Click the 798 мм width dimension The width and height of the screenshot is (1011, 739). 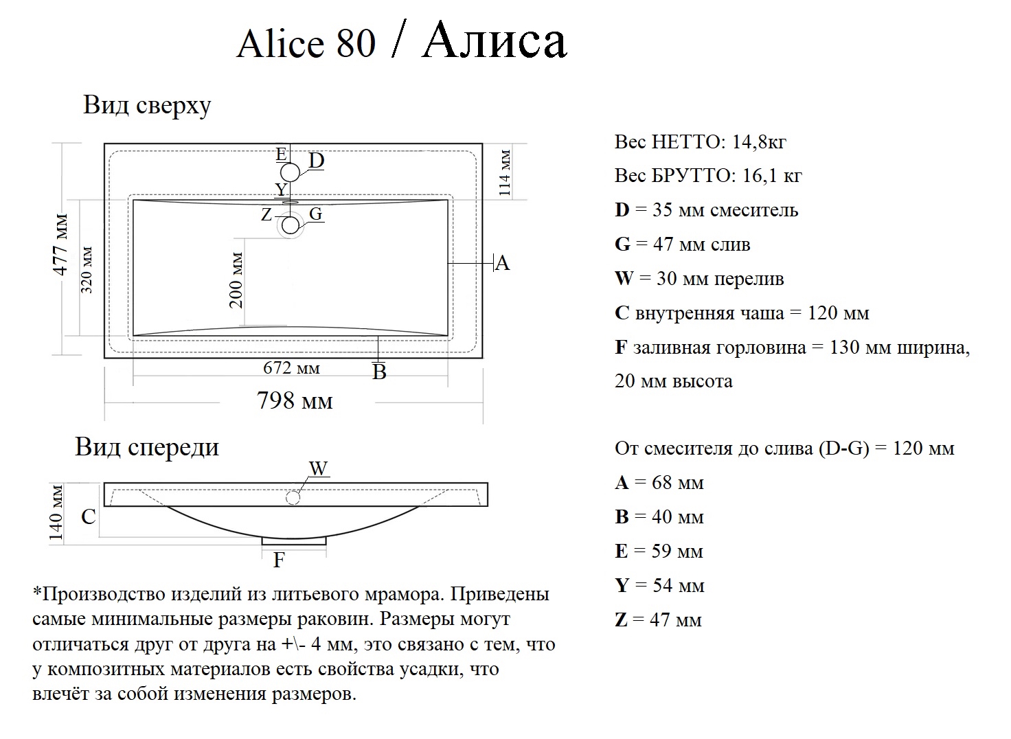pos(295,400)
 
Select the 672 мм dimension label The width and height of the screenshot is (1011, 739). pos(291,368)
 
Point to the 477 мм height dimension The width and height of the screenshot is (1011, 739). pos(61,245)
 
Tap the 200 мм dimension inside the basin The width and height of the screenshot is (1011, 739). pos(236,280)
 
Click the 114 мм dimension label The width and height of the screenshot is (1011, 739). pos(505,172)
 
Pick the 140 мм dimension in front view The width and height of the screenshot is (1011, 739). pos(57,513)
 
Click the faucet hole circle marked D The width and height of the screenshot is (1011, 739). pos(291,172)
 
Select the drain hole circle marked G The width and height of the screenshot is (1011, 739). pos(291,225)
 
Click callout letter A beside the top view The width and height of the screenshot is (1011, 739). pos(502,263)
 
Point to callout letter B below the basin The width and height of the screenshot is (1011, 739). pos(379,372)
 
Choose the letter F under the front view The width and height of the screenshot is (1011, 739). pos(279,560)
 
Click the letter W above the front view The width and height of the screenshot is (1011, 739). pos(319,469)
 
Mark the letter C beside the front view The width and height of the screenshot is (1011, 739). pos(89,516)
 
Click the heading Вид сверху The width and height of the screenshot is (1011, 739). pos(147,106)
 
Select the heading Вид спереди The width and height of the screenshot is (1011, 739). pos(147,447)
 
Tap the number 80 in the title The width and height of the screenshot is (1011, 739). pos(356,44)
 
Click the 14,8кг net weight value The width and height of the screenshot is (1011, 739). pos(759,142)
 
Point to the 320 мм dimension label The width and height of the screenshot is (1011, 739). pos(87,269)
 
